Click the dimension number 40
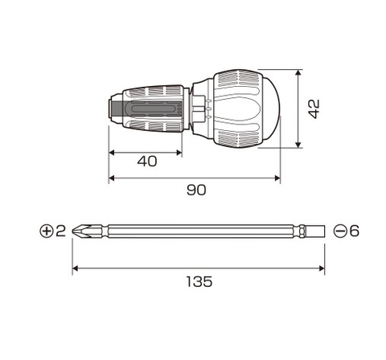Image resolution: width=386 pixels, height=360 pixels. click(146, 161)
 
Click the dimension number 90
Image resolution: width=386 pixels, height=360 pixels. click(195, 190)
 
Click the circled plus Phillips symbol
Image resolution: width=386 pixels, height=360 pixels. click(46, 231)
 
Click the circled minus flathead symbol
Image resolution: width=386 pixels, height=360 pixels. click(340, 231)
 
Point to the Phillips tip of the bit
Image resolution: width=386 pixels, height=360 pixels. click(78, 231)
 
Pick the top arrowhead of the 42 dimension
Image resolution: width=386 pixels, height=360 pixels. click(299, 73)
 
